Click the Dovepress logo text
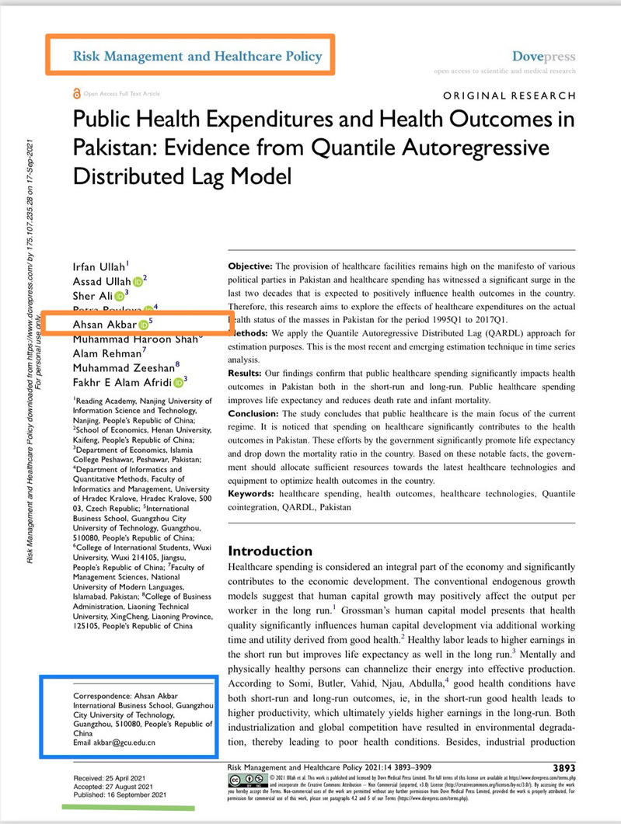point(544,57)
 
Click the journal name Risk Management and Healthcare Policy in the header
point(196,56)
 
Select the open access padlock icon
point(75,93)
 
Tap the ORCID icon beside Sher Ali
point(120,296)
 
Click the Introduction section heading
point(270,551)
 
